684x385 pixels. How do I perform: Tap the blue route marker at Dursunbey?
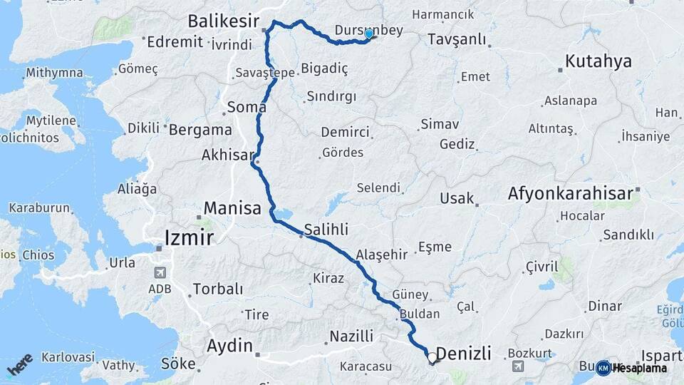(368, 34)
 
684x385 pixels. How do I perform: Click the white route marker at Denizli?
(432, 357)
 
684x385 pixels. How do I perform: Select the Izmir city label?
(189, 237)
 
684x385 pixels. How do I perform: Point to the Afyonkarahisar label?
(570, 193)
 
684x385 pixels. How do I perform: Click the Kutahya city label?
(598, 61)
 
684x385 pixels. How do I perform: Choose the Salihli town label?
(326, 229)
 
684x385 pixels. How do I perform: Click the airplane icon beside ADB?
(158, 273)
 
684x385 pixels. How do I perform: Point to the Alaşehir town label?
(381, 255)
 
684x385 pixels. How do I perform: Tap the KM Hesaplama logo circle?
(603, 368)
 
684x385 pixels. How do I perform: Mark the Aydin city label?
(229, 346)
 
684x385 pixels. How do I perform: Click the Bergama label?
(200, 130)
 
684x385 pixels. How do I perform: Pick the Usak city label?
(457, 198)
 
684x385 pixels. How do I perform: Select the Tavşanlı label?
(457, 39)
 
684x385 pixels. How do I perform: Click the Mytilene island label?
(51, 120)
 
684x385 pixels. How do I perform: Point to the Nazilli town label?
(351, 337)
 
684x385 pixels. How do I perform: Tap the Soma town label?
(246, 108)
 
